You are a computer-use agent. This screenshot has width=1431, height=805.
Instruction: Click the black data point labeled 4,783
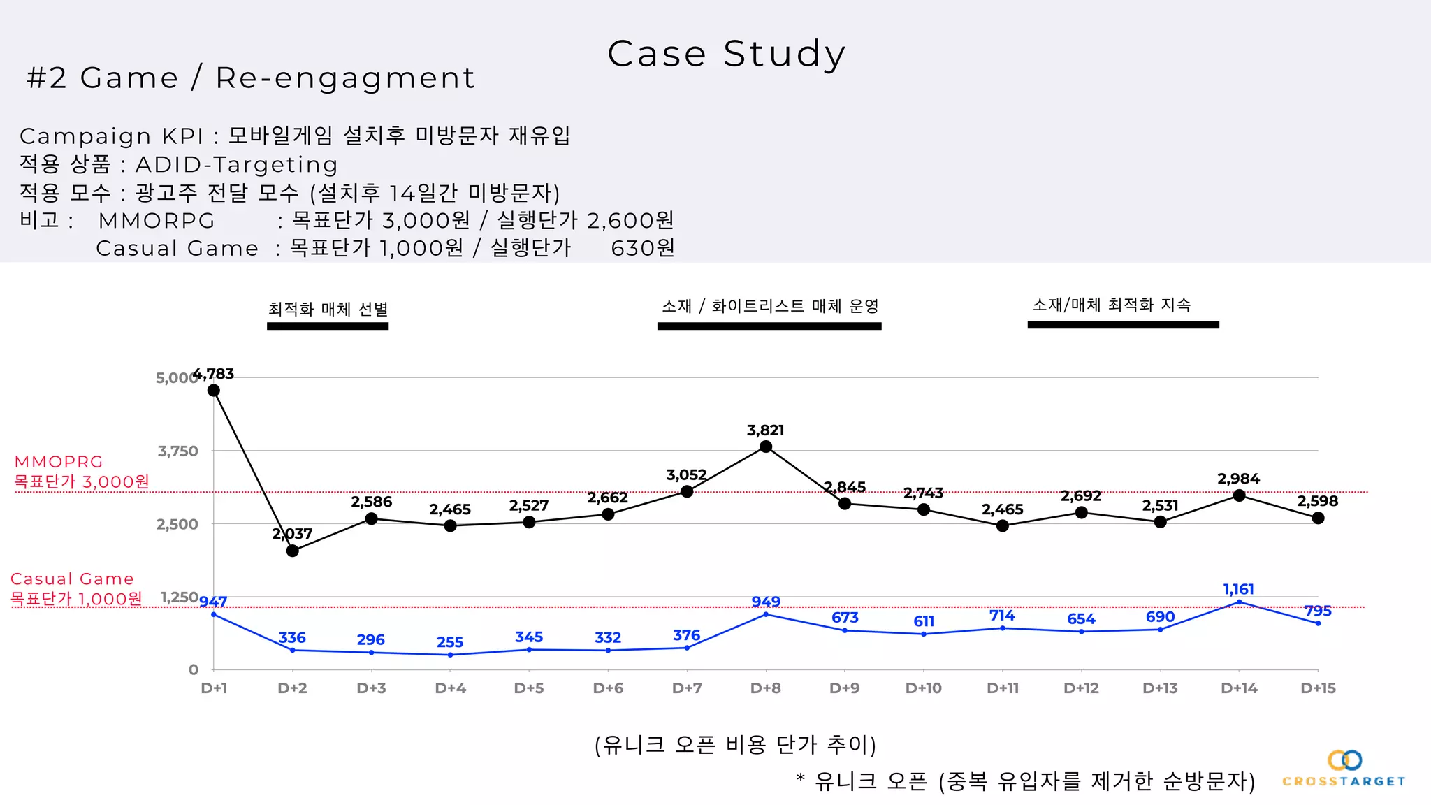click(x=214, y=390)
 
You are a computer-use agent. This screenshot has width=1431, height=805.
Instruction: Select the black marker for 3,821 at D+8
click(x=766, y=447)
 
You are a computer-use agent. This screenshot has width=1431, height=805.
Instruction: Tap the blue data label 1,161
click(x=1238, y=589)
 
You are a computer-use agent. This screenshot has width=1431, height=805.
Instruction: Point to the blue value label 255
click(x=450, y=642)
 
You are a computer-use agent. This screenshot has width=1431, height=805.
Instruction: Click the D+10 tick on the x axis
click(x=923, y=688)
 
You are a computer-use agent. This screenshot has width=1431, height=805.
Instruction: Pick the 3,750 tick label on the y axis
click(x=178, y=451)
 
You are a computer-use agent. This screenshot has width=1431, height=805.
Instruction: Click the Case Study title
click(x=726, y=54)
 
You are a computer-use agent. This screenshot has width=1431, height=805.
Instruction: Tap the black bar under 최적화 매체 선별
click(x=328, y=326)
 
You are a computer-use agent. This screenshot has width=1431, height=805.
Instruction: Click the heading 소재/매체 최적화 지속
click(x=1112, y=305)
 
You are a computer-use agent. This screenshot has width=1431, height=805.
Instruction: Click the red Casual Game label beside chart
click(x=72, y=579)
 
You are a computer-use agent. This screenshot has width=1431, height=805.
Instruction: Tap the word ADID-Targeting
click(x=236, y=165)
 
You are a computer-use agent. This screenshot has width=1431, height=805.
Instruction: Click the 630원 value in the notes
click(x=643, y=248)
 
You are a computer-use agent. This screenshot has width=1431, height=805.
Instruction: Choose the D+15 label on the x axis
click(x=1318, y=688)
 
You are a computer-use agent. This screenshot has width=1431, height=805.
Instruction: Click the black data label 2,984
click(x=1238, y=479)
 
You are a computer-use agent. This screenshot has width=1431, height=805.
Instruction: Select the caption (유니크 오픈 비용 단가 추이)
click(x=735, y=745)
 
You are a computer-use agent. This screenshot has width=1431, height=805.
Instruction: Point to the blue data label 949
click(x=766, y=602)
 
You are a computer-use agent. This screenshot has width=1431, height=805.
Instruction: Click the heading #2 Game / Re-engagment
click(x=251, y=78)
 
